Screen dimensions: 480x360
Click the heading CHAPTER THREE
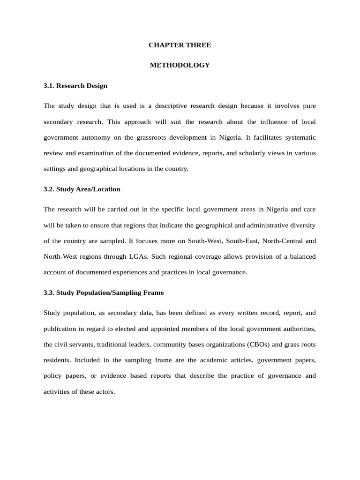coord(180,45)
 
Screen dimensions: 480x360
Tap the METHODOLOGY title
coord(180,65)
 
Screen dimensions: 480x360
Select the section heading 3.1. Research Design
coord(75,86)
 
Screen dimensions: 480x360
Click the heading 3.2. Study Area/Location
coord(82,189)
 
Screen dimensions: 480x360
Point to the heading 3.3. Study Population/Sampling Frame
coord(104,292)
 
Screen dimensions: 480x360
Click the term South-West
coord(204,241)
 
